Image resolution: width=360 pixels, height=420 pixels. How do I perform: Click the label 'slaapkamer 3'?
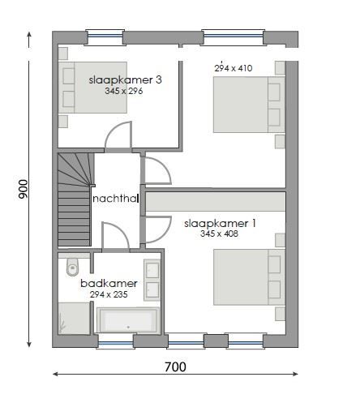(125, 79)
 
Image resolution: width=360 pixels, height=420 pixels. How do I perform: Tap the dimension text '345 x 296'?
(123, 92)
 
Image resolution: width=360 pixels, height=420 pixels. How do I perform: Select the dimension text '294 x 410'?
(233, 68)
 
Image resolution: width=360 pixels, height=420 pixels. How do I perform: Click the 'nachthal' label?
(116, 199)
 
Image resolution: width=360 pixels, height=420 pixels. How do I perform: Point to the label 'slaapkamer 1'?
(220, 223)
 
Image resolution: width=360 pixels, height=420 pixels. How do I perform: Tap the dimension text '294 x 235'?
(109, 294)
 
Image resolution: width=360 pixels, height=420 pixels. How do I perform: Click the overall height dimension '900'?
(24, 189)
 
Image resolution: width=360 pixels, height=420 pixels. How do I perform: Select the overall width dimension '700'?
(175, 367)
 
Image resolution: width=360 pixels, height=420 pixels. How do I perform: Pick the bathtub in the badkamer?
(129, 321)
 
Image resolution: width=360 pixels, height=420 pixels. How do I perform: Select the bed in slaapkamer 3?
(92, 88)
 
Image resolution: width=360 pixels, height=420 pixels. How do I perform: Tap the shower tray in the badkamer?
(72, 317)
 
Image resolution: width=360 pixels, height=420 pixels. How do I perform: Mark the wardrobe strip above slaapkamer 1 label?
(216, 202)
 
